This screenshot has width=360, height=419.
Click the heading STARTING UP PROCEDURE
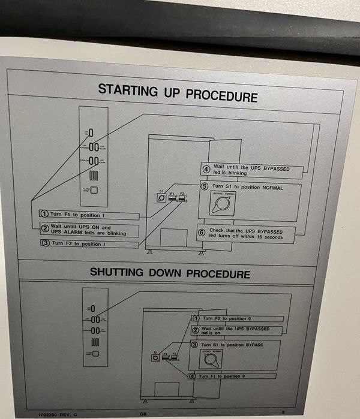pyautogui.click(x=178, y=93)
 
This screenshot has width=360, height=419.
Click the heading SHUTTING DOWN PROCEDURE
pyautogui.click(x=170, y=273)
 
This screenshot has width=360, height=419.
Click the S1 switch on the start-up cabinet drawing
pyautogui.click(x=161, y=198)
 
